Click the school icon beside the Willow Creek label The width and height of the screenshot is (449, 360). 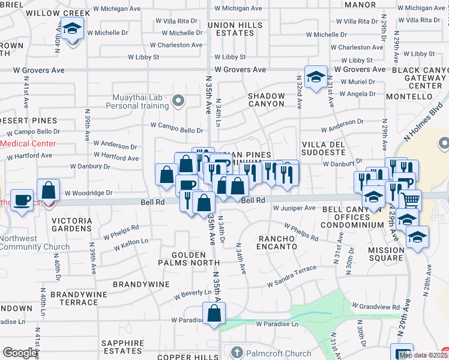[73, 29]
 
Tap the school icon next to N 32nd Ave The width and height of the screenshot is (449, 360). [316, 77]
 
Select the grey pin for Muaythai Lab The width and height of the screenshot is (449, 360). [178, 100]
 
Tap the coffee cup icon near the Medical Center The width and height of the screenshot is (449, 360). [23, 200]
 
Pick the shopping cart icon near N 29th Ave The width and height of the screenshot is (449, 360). [410, 200]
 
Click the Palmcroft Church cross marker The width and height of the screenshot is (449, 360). [237, 352]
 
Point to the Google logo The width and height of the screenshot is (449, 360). [20, 353]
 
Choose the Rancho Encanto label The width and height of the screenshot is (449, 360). [277, 242]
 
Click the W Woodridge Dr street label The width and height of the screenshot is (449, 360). [88, 193]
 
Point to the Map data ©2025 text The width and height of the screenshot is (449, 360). [423, 355]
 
